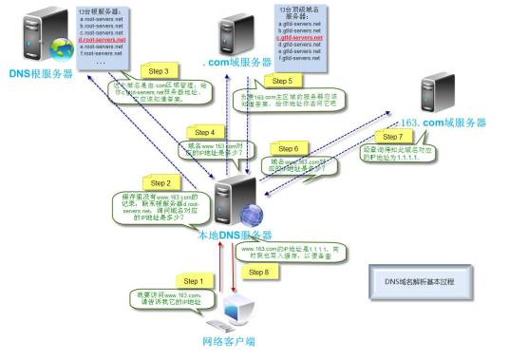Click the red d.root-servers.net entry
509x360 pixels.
(x=103, y=40)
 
